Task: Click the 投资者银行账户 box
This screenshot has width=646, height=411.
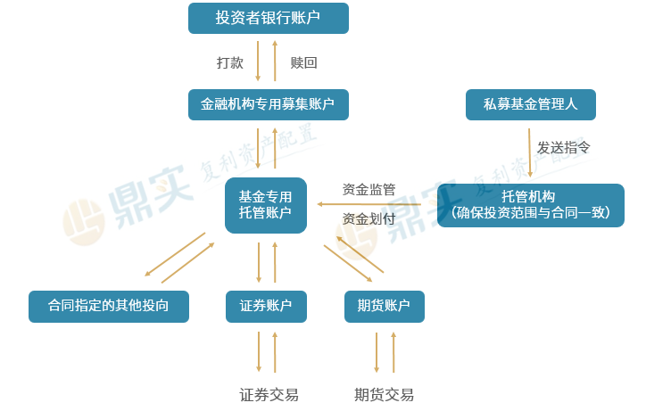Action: click(268, 18)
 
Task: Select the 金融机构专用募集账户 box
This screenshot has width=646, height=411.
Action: click(268, 104)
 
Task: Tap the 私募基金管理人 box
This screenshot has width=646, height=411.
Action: click(531, 104)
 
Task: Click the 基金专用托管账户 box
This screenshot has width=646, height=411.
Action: click(265, 205)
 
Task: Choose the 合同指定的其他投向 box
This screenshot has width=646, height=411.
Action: click(109, 306)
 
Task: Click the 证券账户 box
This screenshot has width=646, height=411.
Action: click(266, 306)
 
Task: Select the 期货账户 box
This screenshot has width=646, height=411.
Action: click(384, 306)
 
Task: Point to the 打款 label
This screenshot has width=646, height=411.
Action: click(230, 62)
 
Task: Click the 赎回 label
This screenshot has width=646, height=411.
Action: click(303, 62)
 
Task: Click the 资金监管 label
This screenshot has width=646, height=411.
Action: click(369, 189)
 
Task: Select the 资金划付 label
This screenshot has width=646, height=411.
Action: click(369, 218)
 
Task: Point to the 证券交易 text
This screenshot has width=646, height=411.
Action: click(269, 394)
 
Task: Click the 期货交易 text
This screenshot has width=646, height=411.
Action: click(384, 394)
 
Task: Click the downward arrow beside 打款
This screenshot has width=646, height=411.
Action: click(259, 61)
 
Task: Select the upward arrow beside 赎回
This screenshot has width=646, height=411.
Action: click(275, 61)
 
